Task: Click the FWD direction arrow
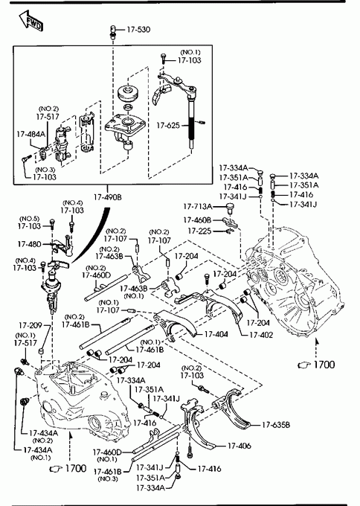click(x=30, y=22)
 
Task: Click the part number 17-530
click(x=138, y=30)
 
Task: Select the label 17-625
click(x=168, y=125)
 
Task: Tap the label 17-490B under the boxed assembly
click(x=108, y=197)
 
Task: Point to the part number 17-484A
click(x=31, y=134)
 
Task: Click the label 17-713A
click(x=198, y=206)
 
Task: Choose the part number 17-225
click(x=199, y=231)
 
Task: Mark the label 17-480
click(x=29, y=244)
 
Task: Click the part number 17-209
click(x=30, y=325)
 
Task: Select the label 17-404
click(x=216, y=334)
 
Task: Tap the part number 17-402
click(x=261, y=335)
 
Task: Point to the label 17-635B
click(x=276, y=425)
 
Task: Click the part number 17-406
click(x=240, y=446)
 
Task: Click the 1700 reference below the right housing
click(x=324, y=365)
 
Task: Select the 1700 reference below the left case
click(x=76, y=468)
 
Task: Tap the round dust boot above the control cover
click(x=128, y=92)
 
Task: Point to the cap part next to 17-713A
click(x=230, y=208)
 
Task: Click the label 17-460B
click(x=197, y=220)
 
